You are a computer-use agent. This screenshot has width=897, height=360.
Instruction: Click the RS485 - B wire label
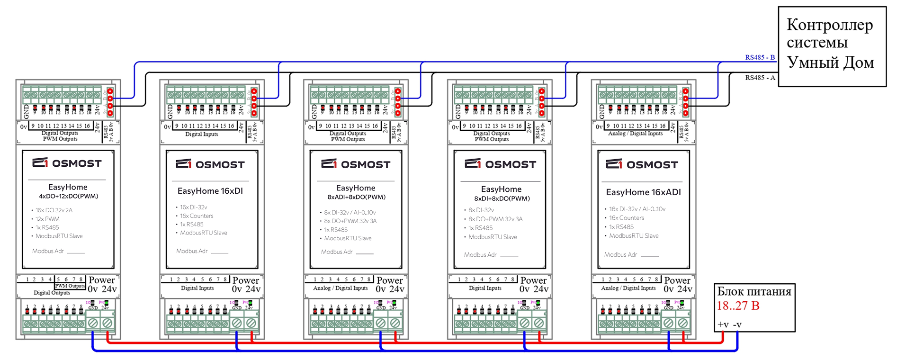[760, 57]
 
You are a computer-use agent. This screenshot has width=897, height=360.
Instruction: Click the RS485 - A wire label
[760, 78]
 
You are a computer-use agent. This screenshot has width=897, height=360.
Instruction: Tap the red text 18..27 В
[738, 306]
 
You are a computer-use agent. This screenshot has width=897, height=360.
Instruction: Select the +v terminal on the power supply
[723, 325]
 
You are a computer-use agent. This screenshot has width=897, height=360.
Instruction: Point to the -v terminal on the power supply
[737, 325]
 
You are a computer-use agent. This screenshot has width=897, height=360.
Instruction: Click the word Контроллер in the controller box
[829, 25]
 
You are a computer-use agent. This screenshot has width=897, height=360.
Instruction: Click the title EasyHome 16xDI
[210, 191]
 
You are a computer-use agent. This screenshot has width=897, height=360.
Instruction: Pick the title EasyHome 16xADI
[643, 192]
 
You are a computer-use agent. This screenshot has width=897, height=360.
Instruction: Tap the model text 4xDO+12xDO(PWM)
[68, 196]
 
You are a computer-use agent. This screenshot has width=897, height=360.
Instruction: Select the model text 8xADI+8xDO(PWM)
[356, 197]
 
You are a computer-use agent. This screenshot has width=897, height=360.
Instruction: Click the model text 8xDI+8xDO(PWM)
[502, 198]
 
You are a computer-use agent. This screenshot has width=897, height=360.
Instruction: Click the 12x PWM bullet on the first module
[47, 219]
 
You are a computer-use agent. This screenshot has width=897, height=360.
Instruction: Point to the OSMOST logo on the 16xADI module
[642, 164]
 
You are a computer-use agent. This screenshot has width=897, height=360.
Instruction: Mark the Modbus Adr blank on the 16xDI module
[219, 252]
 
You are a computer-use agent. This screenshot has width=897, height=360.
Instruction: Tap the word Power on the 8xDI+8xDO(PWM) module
[533, 280]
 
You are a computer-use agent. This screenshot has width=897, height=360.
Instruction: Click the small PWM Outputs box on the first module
[70, 286]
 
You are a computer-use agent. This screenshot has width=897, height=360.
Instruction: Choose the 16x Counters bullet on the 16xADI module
[626, 218]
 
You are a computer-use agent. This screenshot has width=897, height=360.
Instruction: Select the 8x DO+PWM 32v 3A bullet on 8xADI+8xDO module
[350, 221]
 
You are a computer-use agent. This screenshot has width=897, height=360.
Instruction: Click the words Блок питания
[754, 292]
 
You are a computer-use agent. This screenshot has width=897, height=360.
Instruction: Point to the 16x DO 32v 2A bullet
[54, 210]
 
